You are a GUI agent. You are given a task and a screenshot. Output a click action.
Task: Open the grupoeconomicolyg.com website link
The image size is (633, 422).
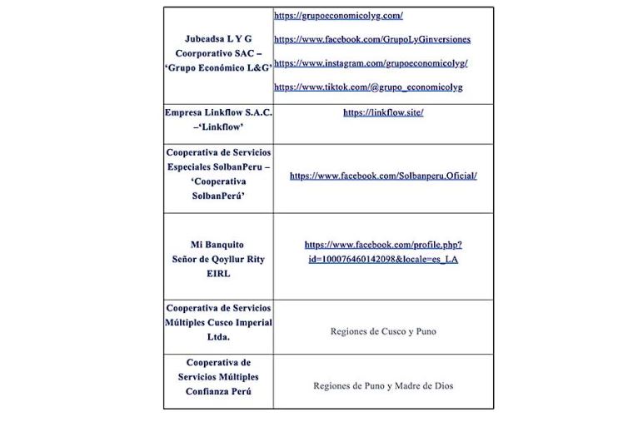tap(338, 16)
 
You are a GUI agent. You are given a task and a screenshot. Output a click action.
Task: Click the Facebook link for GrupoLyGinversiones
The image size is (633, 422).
tap(371, 39)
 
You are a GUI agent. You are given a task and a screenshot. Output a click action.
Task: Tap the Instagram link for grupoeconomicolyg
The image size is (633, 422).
tap(371, 63)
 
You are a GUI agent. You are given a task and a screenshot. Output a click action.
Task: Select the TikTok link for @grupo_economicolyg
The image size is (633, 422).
tap(367, 87)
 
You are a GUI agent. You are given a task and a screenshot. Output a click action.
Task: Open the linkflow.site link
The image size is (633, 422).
tap(383, 112)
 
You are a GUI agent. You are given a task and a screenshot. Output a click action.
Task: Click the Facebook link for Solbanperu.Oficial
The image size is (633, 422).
tap(383, 176)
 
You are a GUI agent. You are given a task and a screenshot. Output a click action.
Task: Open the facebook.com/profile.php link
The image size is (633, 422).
tap(383, 246)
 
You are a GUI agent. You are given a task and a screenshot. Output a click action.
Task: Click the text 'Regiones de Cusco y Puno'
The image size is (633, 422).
tap(383, 331)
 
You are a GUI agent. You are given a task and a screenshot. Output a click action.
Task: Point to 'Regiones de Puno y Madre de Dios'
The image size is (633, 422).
tap(383, 386)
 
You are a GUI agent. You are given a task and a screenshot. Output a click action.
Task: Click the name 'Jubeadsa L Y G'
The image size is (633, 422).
tap(218, 39)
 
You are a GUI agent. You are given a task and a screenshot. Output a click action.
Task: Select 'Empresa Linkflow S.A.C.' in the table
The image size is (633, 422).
tap(218, 112)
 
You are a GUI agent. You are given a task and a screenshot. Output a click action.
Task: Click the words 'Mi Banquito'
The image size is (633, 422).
tap(217, 245)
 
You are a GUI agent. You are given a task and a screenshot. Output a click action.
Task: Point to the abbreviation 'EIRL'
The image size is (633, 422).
tap(218, 273)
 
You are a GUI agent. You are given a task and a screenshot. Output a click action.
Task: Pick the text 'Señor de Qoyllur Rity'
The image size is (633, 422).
tap(218, 259)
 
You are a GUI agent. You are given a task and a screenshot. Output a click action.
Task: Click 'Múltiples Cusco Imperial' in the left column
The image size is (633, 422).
tap(218, 323)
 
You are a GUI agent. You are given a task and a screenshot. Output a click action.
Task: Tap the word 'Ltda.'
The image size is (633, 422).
tap(218, 337)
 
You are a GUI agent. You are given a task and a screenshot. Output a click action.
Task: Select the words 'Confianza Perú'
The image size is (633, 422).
tap(218, 391)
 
